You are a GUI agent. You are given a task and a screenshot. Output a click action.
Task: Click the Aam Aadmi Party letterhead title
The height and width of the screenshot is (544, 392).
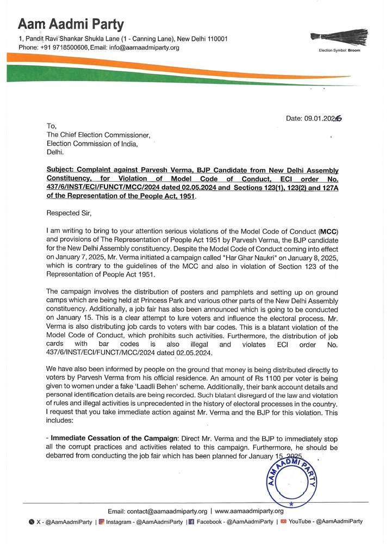coord(71,24)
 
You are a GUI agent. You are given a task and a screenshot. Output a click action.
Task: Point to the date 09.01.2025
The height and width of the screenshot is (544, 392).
coord(314,118)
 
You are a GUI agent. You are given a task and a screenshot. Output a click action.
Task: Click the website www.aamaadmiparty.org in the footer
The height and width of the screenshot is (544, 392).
coord(249,511)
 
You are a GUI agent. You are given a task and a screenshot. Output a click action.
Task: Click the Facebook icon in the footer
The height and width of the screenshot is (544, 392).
coord(191,522)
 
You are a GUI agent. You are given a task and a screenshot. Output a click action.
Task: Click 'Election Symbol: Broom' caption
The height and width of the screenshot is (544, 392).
coord(339,50)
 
